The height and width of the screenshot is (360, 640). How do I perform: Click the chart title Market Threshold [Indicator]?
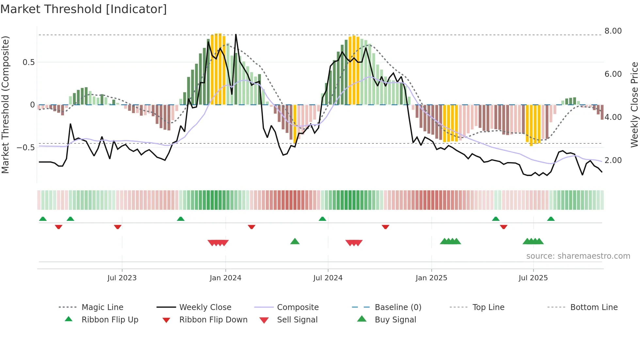click(x=84, y=9)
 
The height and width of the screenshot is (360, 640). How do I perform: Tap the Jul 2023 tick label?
click(x=122, y=278)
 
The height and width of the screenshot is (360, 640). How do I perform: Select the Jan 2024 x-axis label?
click(x=225, y=278)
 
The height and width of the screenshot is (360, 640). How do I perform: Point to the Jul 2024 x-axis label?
click(x=328, y=278)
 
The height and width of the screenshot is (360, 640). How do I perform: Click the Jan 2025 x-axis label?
click(x=431, y=278)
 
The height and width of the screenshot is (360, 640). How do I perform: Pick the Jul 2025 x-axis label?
click(x=533, y=278)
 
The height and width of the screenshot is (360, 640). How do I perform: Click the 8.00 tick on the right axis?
click(x=613, y=31)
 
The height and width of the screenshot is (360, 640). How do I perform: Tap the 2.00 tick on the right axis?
click(x=613, y=160)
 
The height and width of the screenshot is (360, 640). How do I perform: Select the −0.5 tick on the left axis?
click(x=26, y=148)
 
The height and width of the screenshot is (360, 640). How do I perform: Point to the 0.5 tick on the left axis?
click(x=28, y=62)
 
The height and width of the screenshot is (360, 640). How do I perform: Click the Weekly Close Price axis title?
click(x=634, y=105)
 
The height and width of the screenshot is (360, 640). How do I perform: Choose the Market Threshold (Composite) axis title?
click(x=5, y=105)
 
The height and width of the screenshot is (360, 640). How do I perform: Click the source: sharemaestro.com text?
click(x=578, y=256)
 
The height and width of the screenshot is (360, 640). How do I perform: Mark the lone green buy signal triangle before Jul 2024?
click(x=295, y=241)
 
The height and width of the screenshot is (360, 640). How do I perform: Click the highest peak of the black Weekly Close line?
click(x=236, y=34)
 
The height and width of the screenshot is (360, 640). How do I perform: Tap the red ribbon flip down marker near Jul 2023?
click(x=118, y=227)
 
